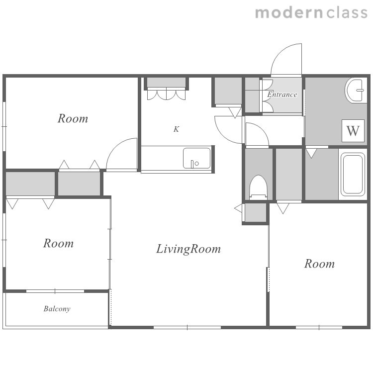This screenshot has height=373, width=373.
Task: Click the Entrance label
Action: coord(282,94)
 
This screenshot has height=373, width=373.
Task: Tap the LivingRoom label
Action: coord(188,249)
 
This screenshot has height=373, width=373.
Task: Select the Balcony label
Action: coord(57,309)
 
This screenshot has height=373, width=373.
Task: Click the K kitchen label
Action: coord(176,129)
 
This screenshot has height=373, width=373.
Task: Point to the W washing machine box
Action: coord(353,131)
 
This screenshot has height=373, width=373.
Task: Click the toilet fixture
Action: coord(259,187)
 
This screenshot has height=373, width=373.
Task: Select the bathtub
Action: coord(353,174)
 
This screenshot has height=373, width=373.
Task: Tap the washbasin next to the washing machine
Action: coord(356,91)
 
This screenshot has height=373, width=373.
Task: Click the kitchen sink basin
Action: coord(197,158)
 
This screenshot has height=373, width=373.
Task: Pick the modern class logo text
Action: coord(311,13)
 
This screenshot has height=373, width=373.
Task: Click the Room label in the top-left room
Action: coord(73,118)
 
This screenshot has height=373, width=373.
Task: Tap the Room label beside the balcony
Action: coord(58,243)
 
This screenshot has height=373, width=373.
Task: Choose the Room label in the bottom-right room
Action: coord(319,264)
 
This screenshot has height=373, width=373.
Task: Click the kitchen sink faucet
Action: coord(192,164)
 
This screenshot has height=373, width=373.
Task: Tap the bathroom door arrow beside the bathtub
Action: coord(311,154)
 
